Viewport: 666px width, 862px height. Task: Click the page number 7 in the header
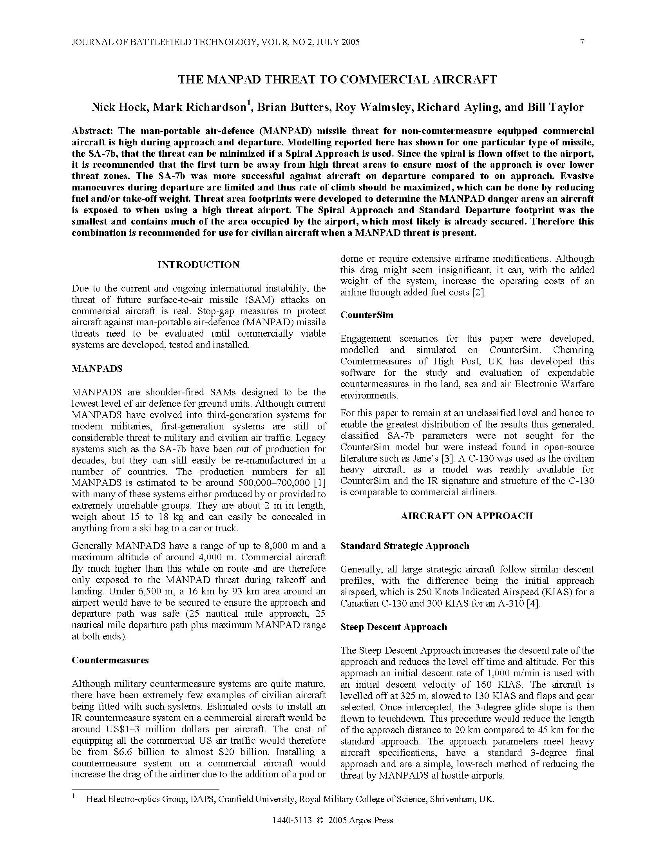click(581, 42)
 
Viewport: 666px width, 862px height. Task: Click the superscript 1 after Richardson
click(248, 103)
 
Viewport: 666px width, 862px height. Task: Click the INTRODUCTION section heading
click(198, 265)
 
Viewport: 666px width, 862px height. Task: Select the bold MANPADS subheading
click(97, 369)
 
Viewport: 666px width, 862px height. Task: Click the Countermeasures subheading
click(110, 660)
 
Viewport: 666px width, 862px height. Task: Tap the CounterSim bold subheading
click(367, 315)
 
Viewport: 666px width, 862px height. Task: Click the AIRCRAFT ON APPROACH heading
click(466, 516)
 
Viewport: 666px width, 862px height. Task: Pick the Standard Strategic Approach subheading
click(405, 546)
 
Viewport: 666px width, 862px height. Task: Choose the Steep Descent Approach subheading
click(393, 627)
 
